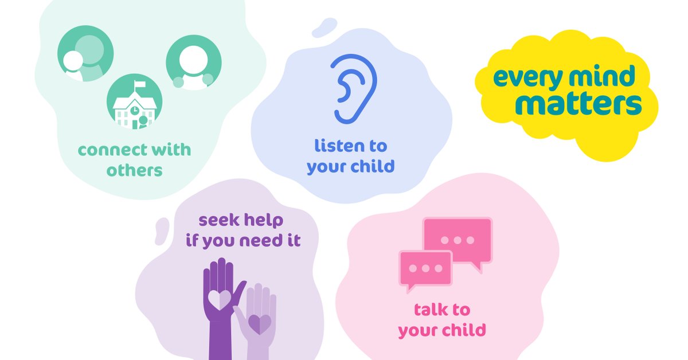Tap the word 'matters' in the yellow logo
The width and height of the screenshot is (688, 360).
[x=578, y=104]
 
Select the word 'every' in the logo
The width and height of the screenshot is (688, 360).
[x=528, y=78]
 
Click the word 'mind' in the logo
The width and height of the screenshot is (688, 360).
[x=602, y=76]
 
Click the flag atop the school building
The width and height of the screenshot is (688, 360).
[x=139, y=84]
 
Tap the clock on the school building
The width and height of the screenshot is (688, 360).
[x=135, y=109]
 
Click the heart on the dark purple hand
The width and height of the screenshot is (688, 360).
[x=219, y=299]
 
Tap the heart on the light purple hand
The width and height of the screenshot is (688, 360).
[x=260, y=324]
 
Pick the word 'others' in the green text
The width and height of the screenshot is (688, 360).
[x=135, y=170]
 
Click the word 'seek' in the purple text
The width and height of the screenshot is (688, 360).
[x=219, y=220]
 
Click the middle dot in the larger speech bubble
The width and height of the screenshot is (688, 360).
[x=458, y=240]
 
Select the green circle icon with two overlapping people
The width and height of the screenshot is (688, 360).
[x=85, y=53]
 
